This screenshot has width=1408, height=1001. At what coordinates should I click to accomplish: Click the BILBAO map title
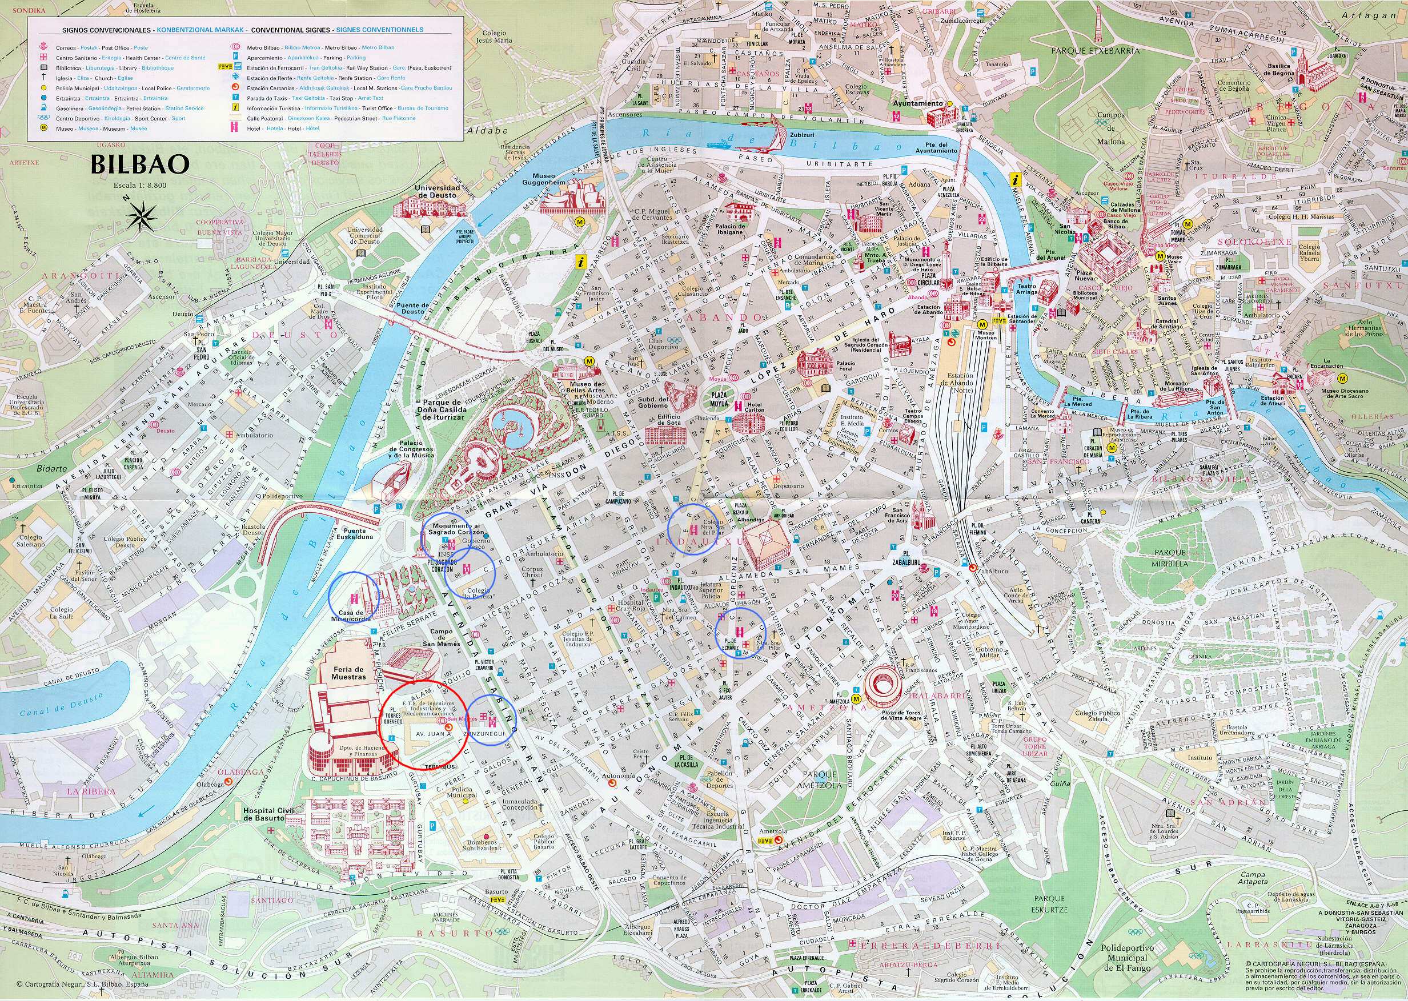pos(139,165)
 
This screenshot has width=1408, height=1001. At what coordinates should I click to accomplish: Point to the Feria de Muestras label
pos(349,673)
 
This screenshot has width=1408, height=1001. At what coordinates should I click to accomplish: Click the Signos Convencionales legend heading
pos(102,30)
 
